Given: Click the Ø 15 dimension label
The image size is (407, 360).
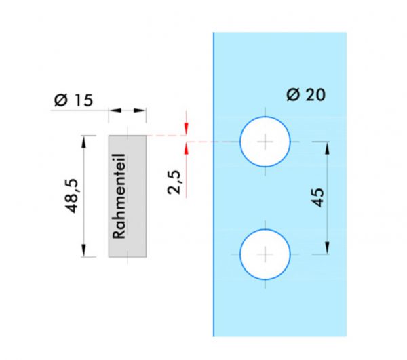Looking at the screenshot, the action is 73,100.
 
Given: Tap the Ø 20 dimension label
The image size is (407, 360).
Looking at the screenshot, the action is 306,94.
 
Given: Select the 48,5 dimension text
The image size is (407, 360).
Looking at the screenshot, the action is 71,196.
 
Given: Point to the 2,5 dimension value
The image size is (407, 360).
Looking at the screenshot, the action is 174,182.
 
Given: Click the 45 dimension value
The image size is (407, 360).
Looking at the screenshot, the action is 317,198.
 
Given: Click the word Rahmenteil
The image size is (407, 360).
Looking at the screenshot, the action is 119,196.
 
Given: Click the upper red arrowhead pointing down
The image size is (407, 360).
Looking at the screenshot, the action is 186,128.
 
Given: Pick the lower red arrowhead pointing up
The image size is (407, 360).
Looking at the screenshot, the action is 186,148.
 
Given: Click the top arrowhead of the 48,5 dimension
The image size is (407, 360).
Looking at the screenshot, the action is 83,142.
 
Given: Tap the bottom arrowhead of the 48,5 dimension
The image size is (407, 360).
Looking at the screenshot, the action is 83,250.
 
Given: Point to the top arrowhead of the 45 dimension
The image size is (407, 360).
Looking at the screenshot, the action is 327,148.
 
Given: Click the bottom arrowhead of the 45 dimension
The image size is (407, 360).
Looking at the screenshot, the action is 327,248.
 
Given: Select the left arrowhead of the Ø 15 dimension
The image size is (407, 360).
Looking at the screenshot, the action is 115,111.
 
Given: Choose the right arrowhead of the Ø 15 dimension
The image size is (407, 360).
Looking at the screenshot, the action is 140,111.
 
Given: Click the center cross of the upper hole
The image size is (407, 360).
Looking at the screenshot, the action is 265,142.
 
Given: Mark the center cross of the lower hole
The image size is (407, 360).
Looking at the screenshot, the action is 265,254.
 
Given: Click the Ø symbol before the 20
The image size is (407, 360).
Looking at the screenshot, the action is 293,95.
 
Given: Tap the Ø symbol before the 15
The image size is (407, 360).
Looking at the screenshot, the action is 61,100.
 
